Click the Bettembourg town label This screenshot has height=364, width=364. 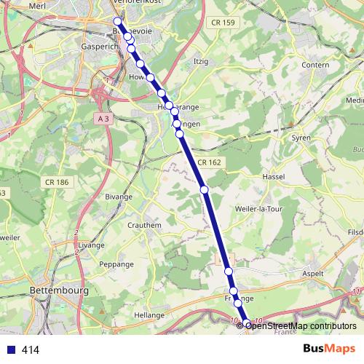pos(60,290)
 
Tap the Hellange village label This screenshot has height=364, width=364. pos(149,314)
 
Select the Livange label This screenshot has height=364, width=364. pos(92,245)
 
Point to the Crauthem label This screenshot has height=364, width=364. pos(145,226)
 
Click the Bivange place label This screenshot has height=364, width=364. pos(119,197)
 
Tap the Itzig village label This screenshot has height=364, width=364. pos(201,62)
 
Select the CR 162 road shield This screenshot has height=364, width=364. pos(208,162)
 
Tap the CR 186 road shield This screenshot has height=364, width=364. pos(56,181)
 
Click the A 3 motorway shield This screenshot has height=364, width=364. pos(103,116)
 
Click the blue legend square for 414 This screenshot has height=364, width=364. pos(11,350)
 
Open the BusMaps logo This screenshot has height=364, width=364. pos(329,349)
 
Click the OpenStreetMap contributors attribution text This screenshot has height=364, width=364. pos(300,326)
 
